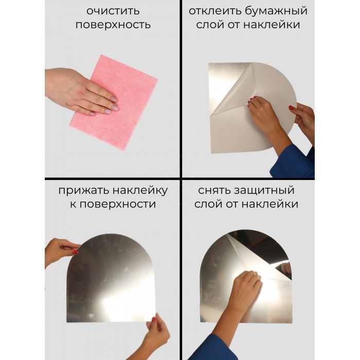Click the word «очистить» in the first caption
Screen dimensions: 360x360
coord(113,11)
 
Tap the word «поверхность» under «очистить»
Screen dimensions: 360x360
coord(113,25)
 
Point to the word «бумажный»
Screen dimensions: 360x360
coord(275,11)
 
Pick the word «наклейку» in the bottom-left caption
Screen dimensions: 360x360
coord(139,191)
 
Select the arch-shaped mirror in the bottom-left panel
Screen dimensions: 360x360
coord(111,278)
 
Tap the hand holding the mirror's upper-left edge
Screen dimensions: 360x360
coord(61,250)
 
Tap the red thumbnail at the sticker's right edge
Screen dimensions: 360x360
coord(291,107)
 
